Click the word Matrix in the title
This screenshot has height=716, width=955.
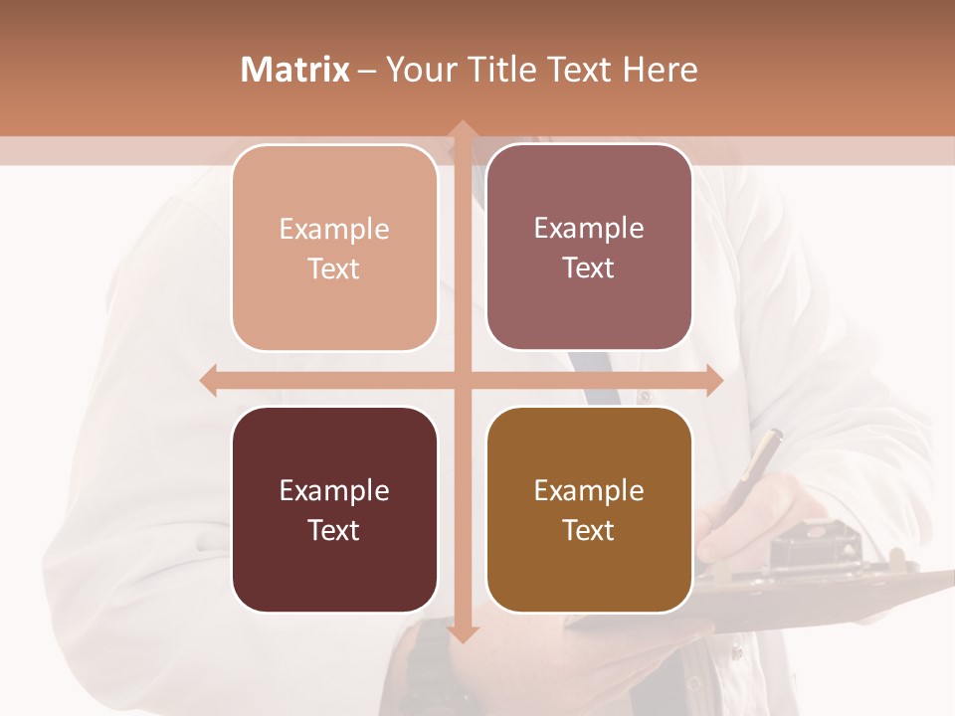[x=294, y=70]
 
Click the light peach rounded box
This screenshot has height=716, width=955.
[x=334, y=248]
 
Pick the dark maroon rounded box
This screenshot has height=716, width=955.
[x=334, y=509]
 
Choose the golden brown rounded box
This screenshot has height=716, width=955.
[x=589, y=509]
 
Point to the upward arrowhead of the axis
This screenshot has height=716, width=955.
[x=462, y=129]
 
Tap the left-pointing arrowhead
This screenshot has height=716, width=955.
[x=209, y=380]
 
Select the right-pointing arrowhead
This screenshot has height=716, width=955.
[x=713, y=380]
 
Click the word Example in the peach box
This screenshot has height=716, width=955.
[x=334, y=229]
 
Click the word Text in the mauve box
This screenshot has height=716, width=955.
[x=589, y=268]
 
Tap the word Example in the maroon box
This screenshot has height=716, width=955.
[x=334, y=490]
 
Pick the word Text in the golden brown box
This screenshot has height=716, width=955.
[x=589, y=530]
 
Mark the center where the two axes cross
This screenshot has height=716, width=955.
[x=462, y=380]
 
